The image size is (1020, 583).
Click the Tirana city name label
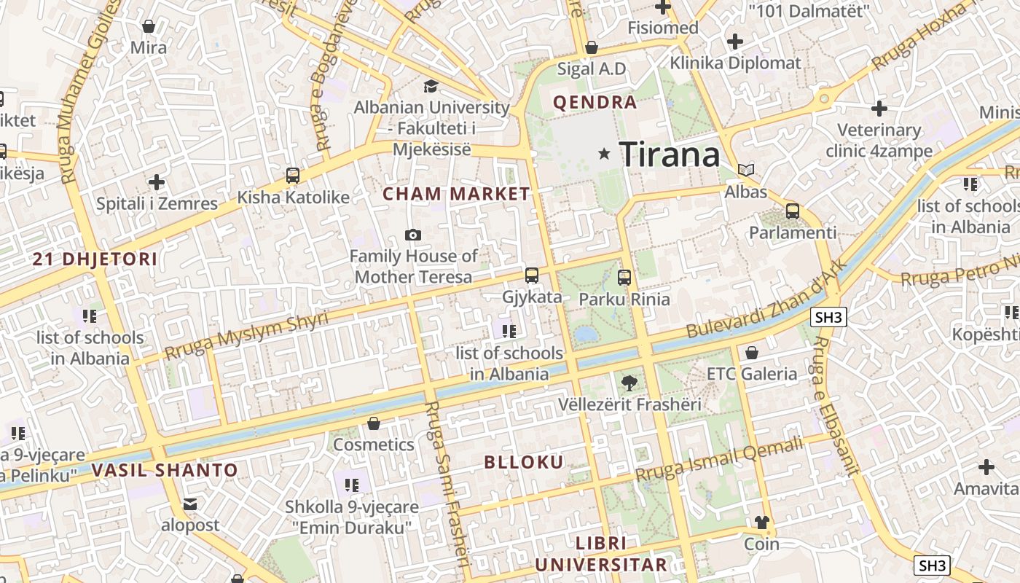point(670,154)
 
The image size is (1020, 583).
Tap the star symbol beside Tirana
point(604,154)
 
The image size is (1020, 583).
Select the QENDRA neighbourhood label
point(595,103)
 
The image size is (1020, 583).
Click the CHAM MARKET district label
point(457,194)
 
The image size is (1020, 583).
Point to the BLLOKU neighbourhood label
point(524,462)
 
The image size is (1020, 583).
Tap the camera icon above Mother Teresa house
point(413,235)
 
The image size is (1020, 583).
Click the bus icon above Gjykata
point(532,275)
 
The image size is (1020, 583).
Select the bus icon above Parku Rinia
point(624,278)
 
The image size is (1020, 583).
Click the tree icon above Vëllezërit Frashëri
point(629,383)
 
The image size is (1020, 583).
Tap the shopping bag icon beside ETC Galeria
point(752,353)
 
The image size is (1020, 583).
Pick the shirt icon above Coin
point(761,523)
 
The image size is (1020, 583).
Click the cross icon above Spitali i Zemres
point(157,182)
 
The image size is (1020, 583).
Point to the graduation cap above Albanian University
point(431,86)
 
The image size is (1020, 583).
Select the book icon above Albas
point(746,171)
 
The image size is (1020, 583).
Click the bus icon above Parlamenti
point(793,212)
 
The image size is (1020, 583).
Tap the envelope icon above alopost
point(190,504)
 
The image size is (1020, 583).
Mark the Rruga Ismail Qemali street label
point(719,460)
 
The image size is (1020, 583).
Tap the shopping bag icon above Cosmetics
point(374,423)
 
